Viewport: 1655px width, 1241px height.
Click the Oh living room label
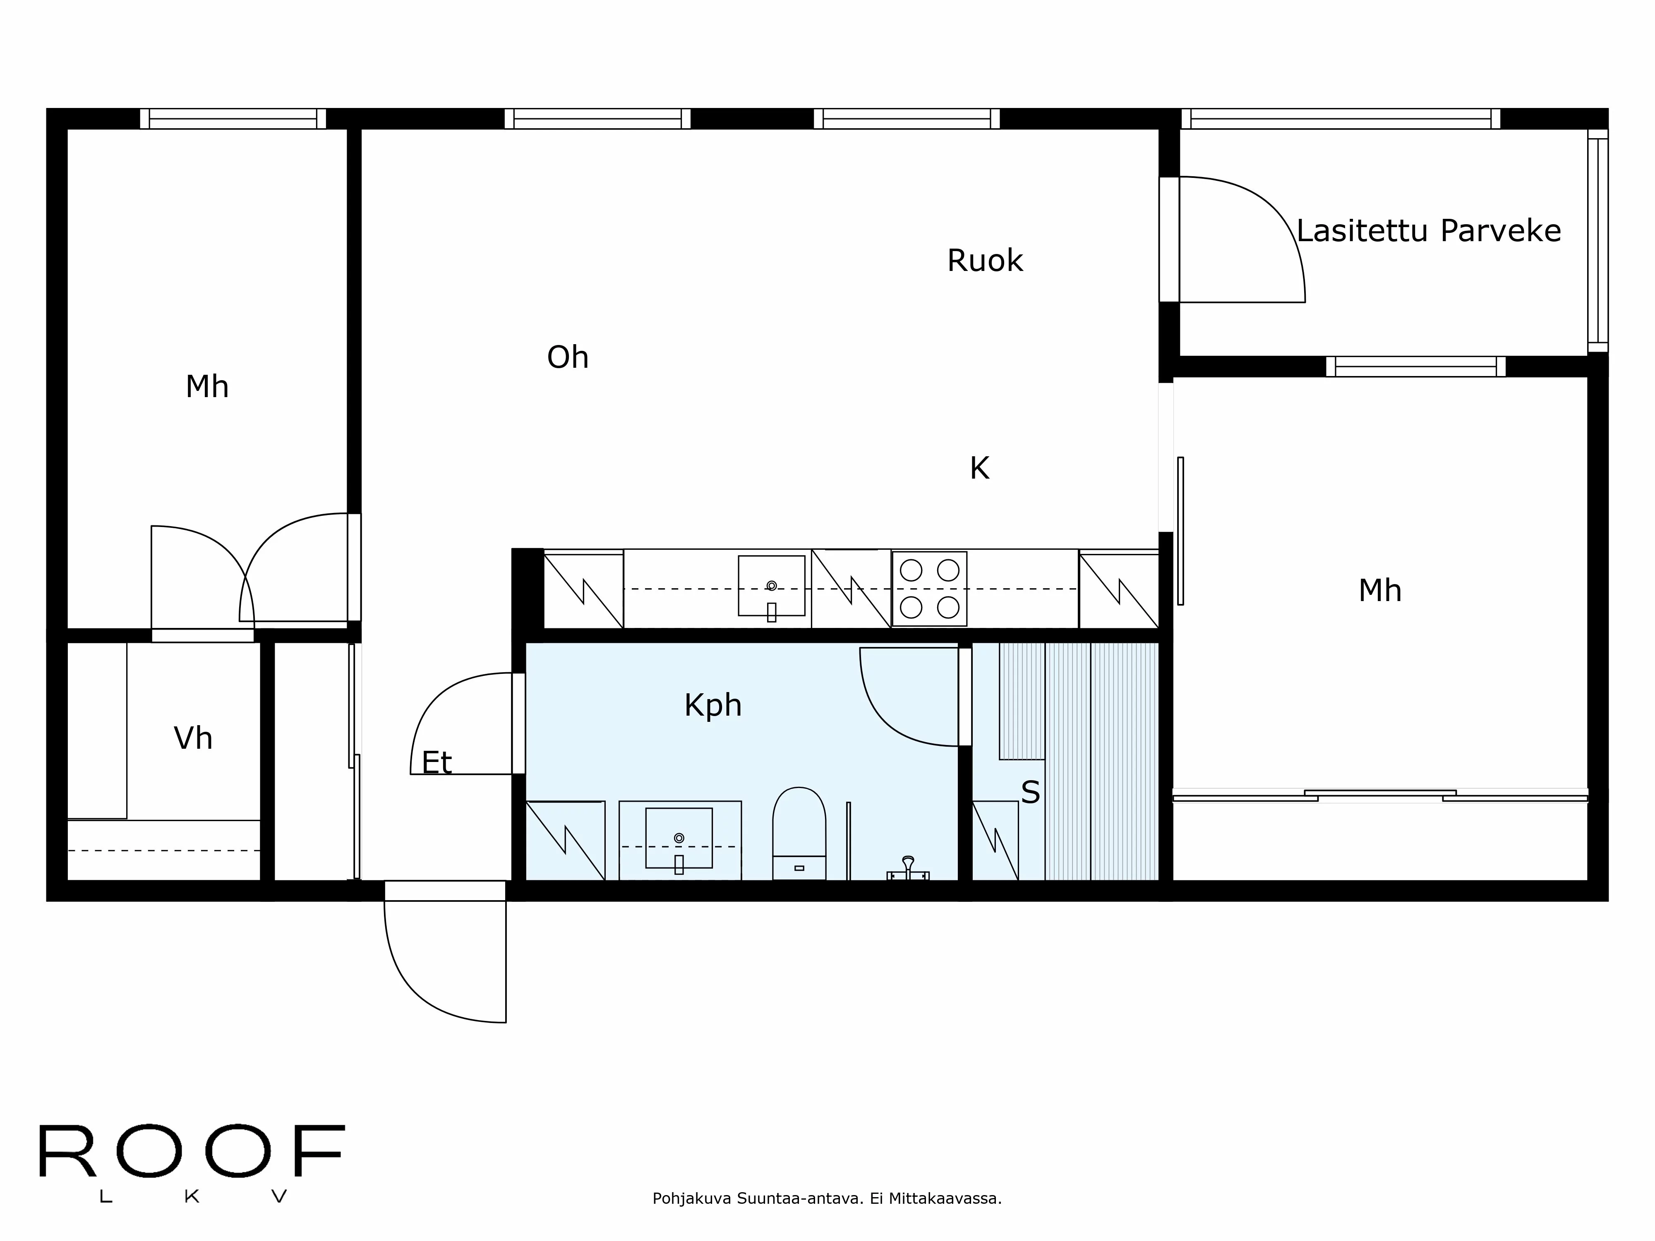tap(568, 357)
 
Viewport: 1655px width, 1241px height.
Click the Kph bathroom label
tap(712, 705)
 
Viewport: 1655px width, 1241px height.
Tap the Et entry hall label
tap(437, 763)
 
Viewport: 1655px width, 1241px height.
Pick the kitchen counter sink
tap(771, 587)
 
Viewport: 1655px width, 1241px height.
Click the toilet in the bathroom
tap(799, 832)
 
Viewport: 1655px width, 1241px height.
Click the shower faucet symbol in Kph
tap(907, 869)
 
